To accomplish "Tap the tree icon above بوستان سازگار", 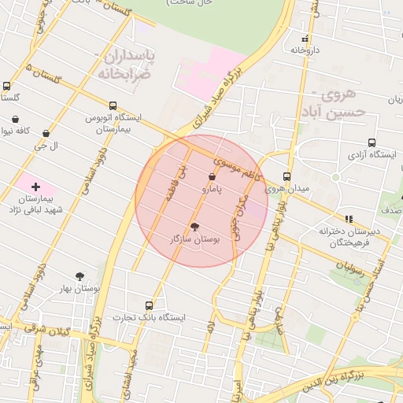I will (x=195, y=225).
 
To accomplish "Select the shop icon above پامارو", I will (x=213, y=178).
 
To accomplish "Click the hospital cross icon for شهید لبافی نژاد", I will (x=35, y=187).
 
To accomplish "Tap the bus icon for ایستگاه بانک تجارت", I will (x=150, y=305).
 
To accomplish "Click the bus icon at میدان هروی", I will (x=286, y=177).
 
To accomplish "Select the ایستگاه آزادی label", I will (x=371, y=155).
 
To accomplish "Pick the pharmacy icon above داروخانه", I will (x=305, y=39).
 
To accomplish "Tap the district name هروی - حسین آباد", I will (x=345, y=103).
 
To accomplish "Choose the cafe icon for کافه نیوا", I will (x=16, y=120).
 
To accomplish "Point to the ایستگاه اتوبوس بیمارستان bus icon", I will (x=113, y=105).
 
